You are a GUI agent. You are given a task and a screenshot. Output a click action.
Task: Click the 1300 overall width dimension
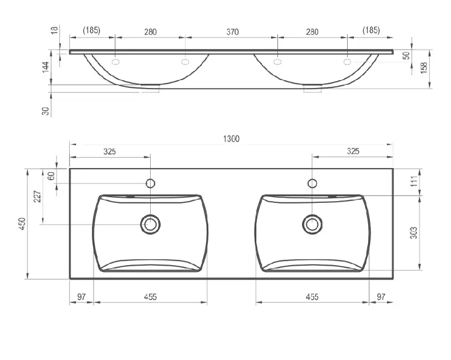pos(231,139)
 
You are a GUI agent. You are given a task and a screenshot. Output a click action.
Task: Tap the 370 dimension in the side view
pos(232,31)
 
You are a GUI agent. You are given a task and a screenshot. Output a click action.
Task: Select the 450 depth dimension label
pos(22,224)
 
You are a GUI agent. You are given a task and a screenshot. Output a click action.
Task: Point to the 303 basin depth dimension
pos(413,233)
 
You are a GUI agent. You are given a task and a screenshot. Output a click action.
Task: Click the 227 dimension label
pos(37,197)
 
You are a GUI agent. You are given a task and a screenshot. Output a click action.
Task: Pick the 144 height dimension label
pos(46,67)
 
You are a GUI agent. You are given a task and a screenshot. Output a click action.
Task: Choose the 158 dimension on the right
pos(424,67)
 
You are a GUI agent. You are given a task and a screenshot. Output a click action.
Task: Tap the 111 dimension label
pos(414,182)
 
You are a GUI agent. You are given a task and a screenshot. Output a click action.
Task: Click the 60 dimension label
pos(51,175)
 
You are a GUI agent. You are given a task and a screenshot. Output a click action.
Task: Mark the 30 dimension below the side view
pos(46,111)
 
